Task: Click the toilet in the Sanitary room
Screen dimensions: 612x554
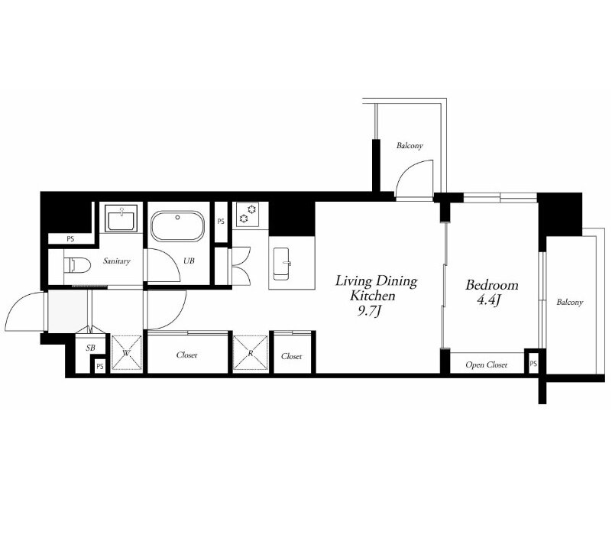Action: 77,265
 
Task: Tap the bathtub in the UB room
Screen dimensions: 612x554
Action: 177,226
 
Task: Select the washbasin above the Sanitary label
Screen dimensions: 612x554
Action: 121,219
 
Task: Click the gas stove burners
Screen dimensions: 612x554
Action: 248,214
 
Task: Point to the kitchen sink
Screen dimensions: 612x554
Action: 282,264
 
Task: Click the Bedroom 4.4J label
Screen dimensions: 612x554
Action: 492,292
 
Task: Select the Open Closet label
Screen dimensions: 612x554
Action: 487,364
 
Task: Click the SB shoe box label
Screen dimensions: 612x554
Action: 91,348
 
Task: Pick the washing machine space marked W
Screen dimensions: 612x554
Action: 127,352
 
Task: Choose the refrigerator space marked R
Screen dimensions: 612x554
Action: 251,352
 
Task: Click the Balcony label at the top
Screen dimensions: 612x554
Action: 410,146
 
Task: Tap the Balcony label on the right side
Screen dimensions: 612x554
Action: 570,302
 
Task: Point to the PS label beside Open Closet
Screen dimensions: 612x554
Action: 533,364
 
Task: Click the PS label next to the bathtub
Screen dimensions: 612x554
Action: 221,222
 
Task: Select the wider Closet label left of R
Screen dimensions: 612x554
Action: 186,355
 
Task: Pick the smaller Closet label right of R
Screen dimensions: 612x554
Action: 292,356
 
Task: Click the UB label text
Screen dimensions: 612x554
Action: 189,261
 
